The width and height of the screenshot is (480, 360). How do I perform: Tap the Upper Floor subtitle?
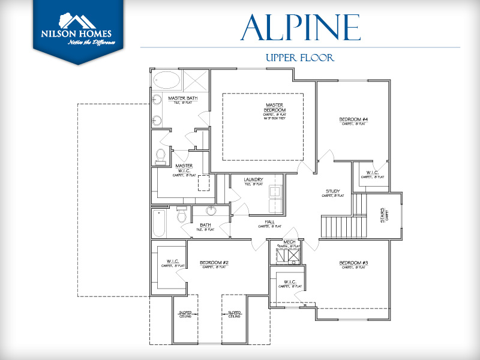(x=299, y=58)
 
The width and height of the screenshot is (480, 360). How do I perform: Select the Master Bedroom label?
(x=274, y=110)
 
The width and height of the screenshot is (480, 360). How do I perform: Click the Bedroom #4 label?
(x=353, y=119)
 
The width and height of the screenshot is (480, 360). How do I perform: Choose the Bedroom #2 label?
(x=213, y=263)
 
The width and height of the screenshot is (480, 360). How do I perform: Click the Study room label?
(x=333, y=192)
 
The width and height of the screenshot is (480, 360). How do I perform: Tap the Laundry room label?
(x=254, y=180)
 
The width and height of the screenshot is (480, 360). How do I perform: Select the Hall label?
(x=270, y=222)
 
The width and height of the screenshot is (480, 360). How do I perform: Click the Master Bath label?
(x=182, y=98)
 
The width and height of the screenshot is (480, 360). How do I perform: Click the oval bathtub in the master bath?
(x=167, y=80)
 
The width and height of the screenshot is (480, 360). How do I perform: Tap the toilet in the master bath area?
(x=160, y=156)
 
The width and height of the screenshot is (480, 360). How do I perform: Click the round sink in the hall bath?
(x=211, y=211)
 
